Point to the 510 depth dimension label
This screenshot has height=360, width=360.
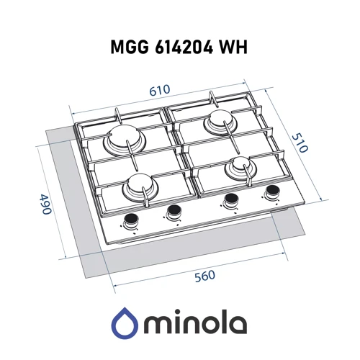[300, 143]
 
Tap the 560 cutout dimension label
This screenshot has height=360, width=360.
[204, 275]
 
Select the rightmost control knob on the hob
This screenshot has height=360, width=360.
[272, 193]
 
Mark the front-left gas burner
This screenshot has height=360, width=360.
[138, 188]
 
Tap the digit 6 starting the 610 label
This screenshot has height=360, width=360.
[153, 91]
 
